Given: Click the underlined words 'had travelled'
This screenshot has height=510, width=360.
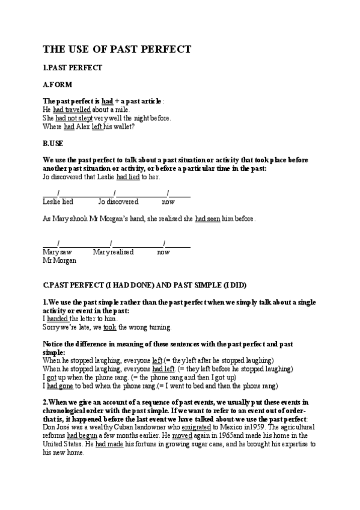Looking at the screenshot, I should point(72,110).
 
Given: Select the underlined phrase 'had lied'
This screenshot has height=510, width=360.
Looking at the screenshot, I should point(129,177).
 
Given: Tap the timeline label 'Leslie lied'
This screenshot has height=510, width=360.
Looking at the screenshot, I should point(58,202).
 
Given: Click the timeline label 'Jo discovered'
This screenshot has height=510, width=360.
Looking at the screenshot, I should point(118,202).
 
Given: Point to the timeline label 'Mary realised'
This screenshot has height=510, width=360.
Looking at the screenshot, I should point(113,253).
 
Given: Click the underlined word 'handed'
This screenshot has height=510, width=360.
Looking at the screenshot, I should point(58,318).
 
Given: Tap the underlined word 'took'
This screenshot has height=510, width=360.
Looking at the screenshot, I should point(109,327).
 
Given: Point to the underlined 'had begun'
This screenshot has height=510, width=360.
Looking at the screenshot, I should point(80,435).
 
